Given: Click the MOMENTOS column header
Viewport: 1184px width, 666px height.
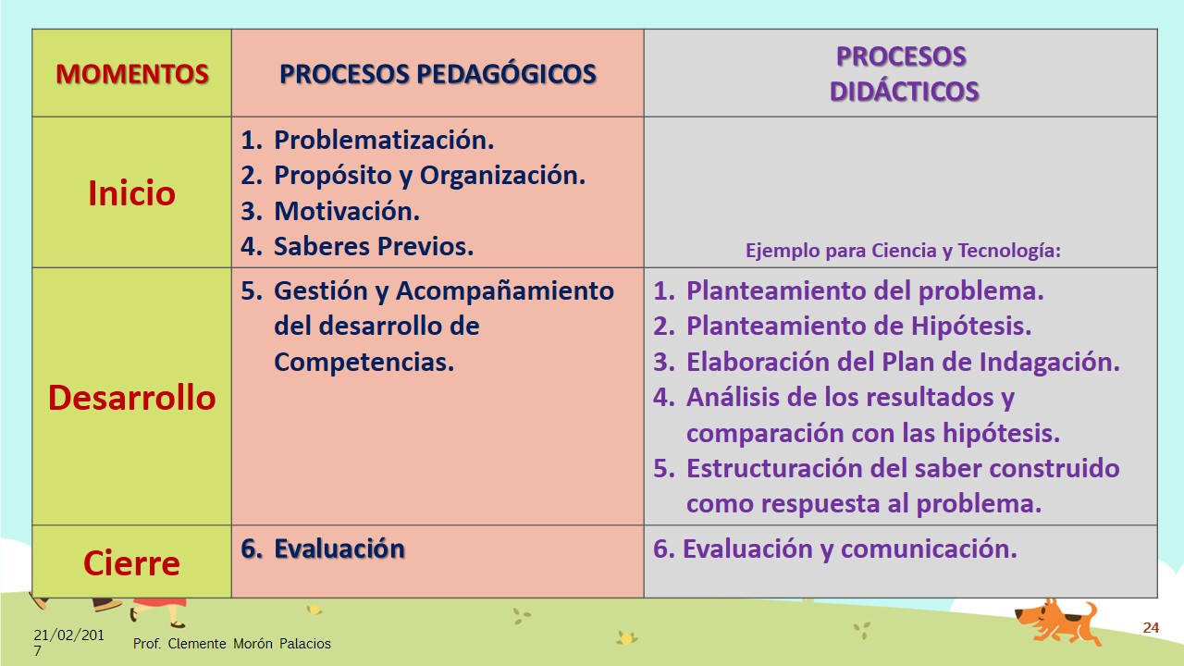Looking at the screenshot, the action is (132, 73).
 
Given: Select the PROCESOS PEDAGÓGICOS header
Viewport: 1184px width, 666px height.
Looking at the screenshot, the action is (438, 73).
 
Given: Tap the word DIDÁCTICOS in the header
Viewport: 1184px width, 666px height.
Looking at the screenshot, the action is (904, 91).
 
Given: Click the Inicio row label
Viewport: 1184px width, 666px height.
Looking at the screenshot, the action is (131, 192).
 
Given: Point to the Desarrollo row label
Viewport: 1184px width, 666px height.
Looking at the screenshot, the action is (132, 398).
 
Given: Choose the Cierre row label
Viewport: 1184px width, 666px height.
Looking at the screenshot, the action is (131, 563).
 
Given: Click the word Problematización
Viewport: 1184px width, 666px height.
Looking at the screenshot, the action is (384, 140).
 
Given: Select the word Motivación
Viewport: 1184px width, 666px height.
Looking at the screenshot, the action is (347, 211).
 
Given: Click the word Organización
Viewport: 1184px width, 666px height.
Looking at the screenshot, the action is (502, 176).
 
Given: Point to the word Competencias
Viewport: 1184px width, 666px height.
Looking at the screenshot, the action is (364, 362).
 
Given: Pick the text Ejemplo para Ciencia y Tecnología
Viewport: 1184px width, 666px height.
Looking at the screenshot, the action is (903, 250).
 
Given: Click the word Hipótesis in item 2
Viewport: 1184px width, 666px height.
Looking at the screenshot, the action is (971, 326).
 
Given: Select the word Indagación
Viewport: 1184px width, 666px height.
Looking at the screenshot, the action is (1050, 362).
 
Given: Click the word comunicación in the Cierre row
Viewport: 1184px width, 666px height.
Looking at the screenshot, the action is (929, 549).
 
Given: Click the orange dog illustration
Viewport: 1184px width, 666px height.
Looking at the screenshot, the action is (1056, 623).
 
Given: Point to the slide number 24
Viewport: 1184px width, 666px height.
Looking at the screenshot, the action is (1151, 627).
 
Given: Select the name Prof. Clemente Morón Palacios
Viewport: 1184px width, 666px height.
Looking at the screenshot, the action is (231, 643).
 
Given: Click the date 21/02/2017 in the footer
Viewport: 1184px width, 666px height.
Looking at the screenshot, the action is (68, 642).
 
